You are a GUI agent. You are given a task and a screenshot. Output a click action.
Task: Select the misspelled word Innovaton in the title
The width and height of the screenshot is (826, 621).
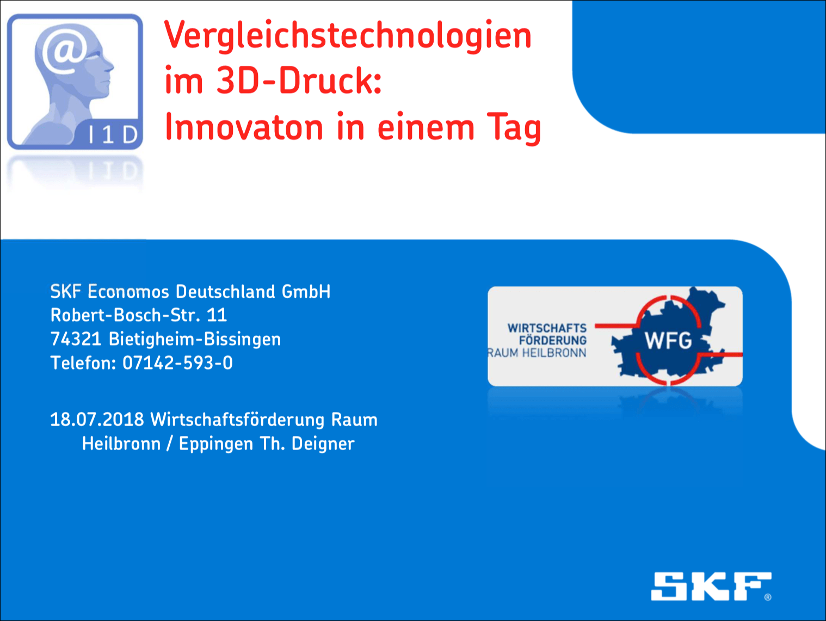244,127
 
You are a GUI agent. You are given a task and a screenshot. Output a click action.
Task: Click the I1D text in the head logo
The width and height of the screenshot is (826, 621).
113,135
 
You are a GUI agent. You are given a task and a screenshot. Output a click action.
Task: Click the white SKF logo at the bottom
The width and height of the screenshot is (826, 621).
711,586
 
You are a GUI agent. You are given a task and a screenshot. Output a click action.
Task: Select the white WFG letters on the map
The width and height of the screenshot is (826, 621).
668,340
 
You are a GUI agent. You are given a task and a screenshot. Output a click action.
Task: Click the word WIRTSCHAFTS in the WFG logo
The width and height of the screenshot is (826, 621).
547,328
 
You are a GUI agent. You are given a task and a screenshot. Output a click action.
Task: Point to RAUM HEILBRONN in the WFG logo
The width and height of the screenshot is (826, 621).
537,353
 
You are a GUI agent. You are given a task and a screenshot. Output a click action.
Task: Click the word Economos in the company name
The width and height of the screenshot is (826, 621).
128,292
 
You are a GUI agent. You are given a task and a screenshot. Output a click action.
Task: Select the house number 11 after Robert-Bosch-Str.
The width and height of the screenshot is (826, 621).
217,315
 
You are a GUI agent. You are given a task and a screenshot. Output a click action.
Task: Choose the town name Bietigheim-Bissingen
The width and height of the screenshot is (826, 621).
195,340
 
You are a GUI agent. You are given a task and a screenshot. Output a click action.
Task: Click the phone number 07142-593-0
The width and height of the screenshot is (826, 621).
177,363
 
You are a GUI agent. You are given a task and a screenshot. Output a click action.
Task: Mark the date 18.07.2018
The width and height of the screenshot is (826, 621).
97,419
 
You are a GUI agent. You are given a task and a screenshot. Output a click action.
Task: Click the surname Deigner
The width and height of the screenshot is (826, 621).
323,444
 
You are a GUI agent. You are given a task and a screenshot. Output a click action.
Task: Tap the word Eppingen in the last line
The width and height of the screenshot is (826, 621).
216,444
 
